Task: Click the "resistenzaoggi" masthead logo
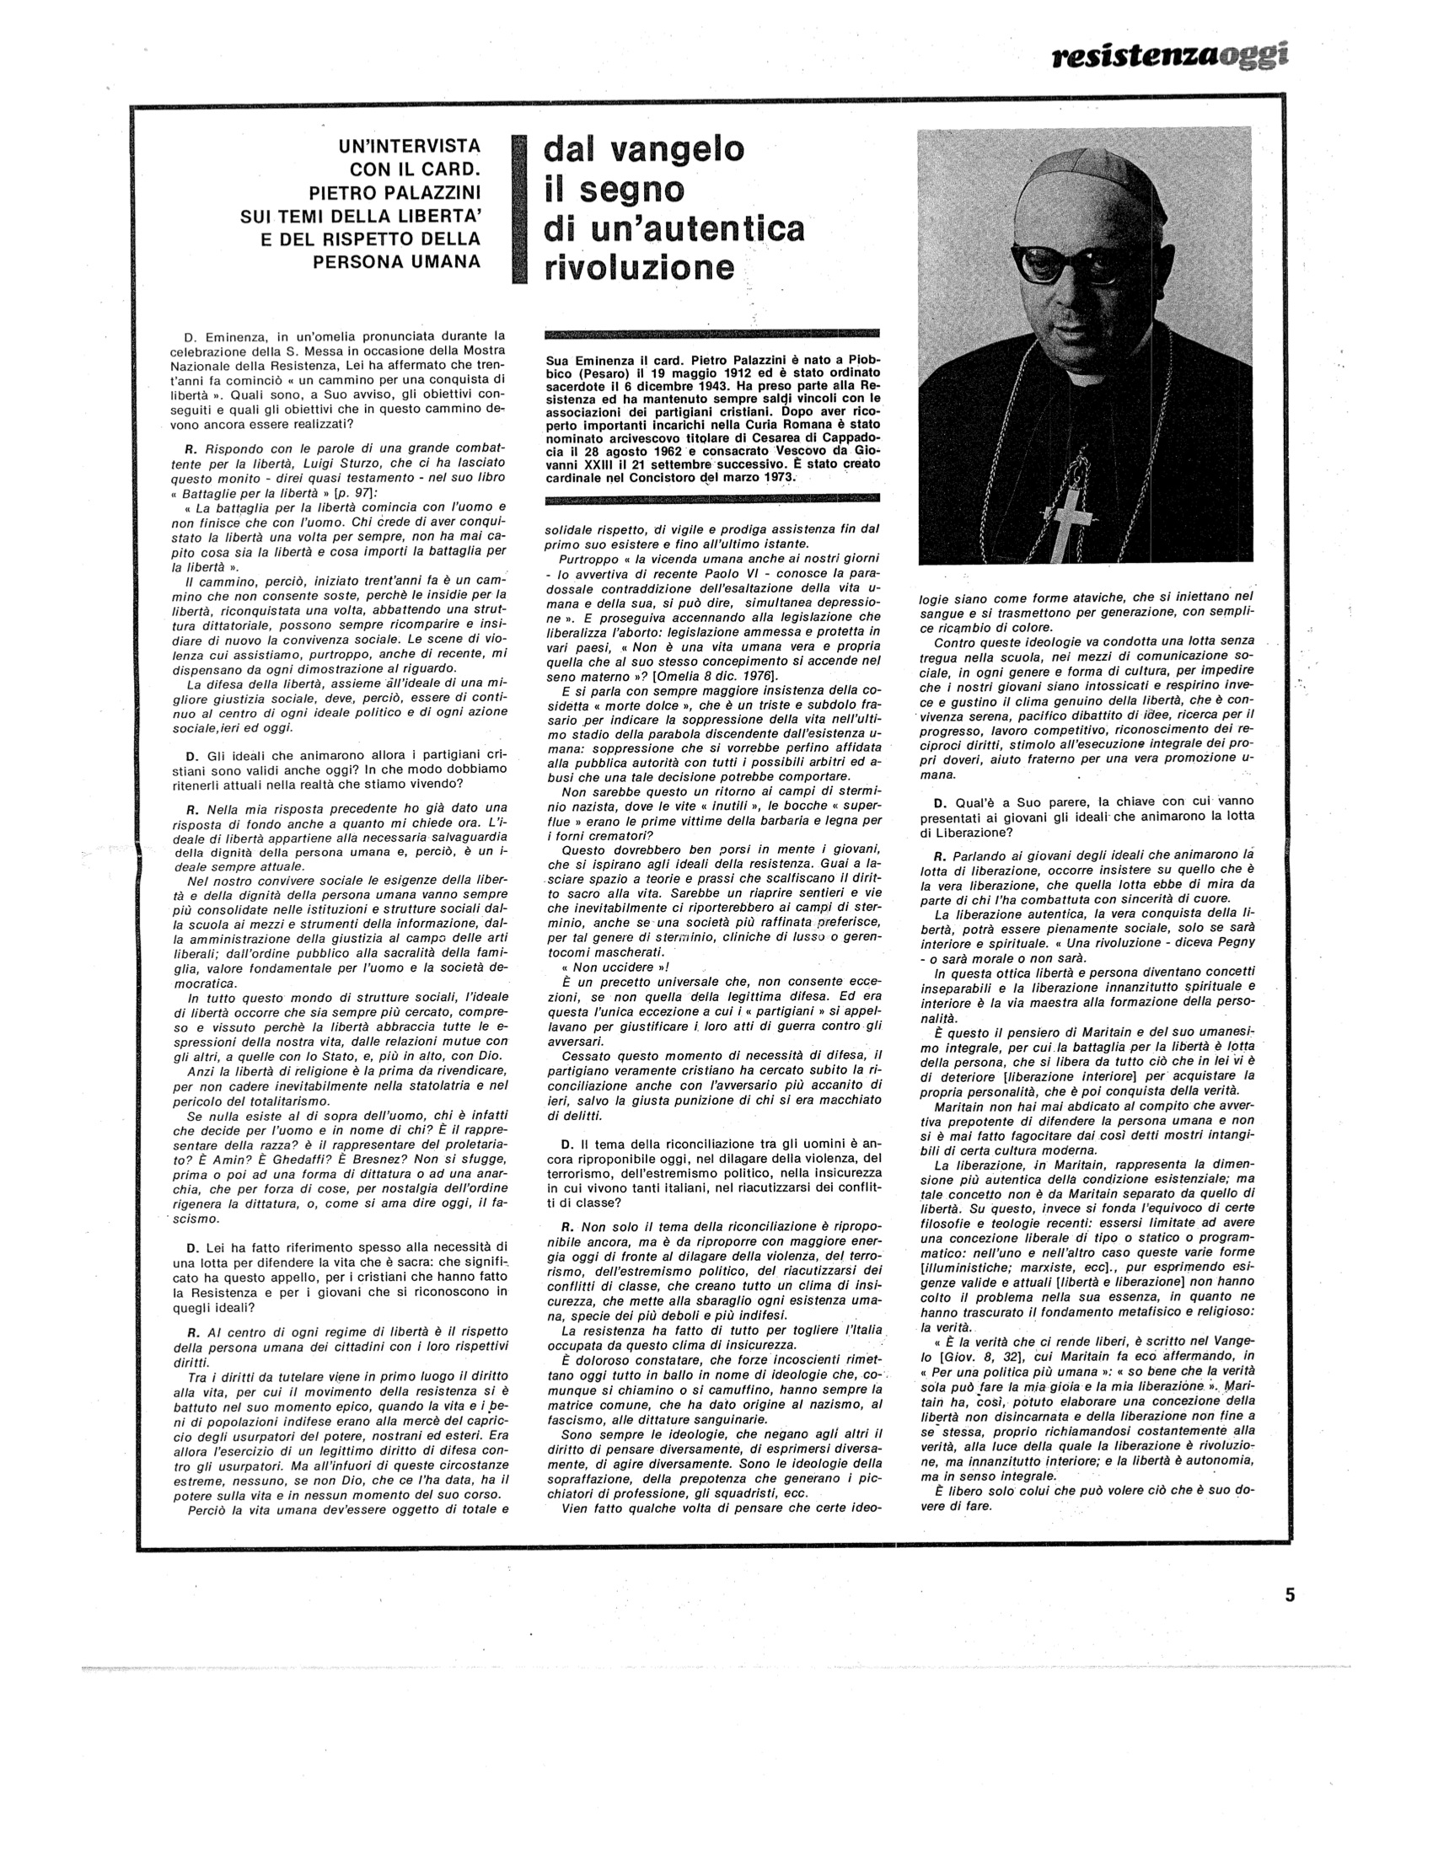(1170, 56)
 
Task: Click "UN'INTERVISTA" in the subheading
(409, 146)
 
